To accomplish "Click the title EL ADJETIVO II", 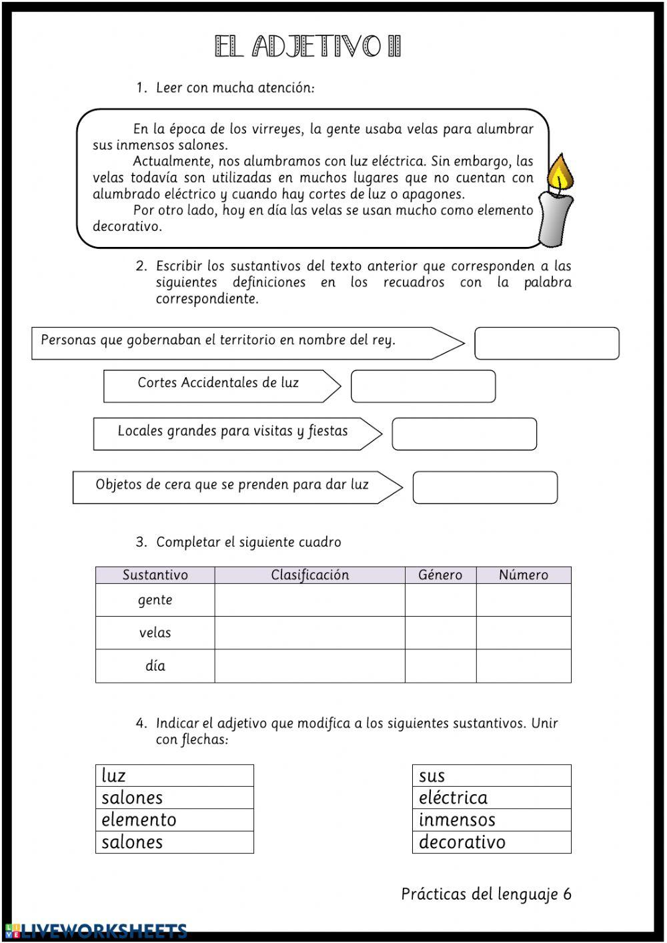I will (x=307, y=47).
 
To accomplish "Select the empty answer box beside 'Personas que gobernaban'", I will (x=546, y=343).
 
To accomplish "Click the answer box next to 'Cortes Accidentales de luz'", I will (x=423, y=386).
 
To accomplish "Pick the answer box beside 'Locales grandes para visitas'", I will (x=464, y=434).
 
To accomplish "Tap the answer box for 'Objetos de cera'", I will (x=485, y=488).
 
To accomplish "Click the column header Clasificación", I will (x=309, y=575).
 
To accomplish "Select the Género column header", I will (x=440, y=575).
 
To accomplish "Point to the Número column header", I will (x=524, y=575).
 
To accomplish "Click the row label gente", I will (x=155, y=600).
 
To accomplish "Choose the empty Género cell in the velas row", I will (x=440, y=633).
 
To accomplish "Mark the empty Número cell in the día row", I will (x=524, y=666).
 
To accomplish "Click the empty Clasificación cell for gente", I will (x=309, y=600).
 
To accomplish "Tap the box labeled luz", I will (x=174, y=775).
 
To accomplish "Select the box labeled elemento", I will (x=174, y=820).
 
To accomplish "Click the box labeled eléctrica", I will (x=492, y=798).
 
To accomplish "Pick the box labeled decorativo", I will (x=492, y=842).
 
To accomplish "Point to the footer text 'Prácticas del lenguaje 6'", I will (x=486, y=894).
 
